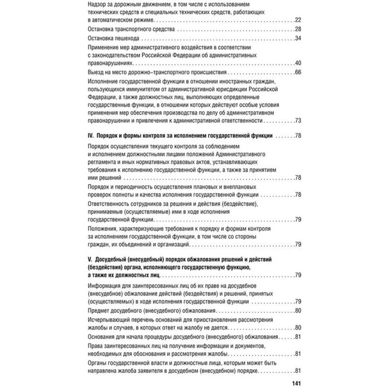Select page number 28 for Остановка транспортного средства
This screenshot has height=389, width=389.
click(x=297, y=28)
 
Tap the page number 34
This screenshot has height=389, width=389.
click(x=297, y=38)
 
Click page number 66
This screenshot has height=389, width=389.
click(x=297, y=73)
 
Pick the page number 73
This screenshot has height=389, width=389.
click(x=297, y=120)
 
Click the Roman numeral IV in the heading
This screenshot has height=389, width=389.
click(x=91, y=136)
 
